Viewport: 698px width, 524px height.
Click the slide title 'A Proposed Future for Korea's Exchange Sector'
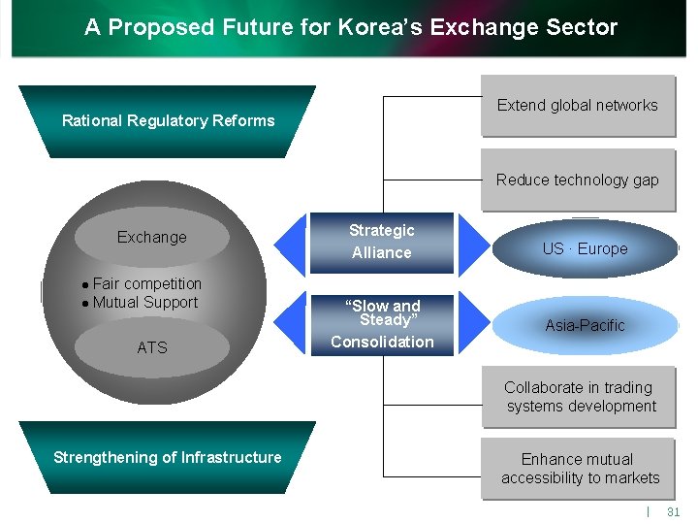351,27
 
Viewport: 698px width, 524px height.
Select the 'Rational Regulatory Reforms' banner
168,121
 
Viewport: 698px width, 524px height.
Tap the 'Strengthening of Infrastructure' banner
168,457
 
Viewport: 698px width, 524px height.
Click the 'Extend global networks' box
577,106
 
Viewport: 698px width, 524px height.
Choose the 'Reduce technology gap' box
577,180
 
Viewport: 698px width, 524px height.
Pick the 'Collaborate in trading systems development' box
579,397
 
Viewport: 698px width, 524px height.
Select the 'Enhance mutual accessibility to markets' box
579,469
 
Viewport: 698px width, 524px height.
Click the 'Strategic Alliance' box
382,242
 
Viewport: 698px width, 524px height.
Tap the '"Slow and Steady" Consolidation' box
382,324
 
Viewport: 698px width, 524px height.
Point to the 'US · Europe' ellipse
585,248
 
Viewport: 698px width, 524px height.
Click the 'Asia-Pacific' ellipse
585,325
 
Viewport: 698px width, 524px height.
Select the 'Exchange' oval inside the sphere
151,238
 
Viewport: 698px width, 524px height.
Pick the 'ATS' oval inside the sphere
151,347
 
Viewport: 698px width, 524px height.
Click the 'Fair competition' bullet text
146,283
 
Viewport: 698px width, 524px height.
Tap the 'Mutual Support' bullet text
144,302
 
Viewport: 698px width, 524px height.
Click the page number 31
674,511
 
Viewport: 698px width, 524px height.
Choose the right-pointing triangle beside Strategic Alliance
472,242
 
